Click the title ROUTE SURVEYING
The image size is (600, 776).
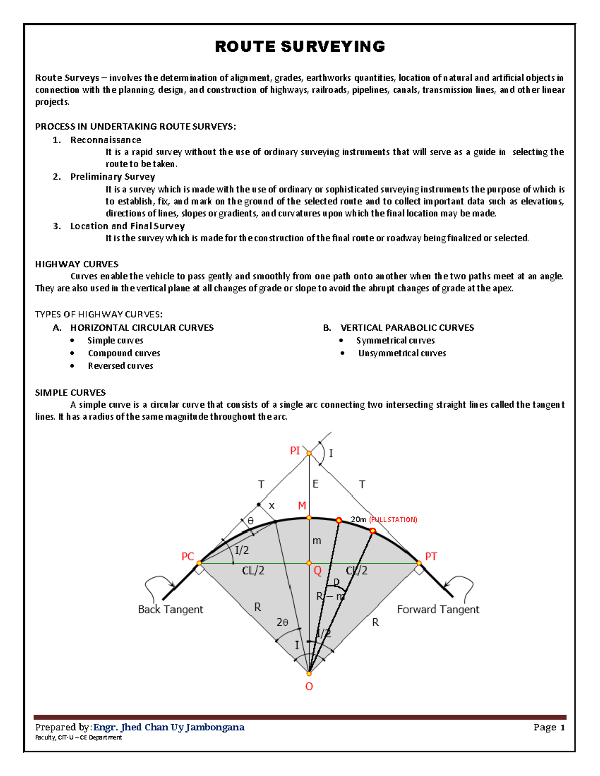click(300, 47)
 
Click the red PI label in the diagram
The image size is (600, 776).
click(295, 451)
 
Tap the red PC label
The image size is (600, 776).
click(187, 557)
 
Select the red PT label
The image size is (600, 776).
click(431, 557)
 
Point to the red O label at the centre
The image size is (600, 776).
click(309, 687)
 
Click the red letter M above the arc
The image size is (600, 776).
click(302, 506)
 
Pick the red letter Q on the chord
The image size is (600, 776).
click(317, 571)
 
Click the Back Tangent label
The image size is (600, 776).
click(170, 610)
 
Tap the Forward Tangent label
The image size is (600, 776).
click(438, 610)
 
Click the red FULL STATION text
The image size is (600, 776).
click(393, 520)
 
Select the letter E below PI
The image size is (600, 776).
click(315, 484)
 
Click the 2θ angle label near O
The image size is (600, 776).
click(282, 622)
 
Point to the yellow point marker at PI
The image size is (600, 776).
click(309, 453)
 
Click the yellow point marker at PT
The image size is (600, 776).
click(419, 563)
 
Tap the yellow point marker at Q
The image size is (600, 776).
click(309, 563)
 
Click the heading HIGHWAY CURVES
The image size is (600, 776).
click(77, 264)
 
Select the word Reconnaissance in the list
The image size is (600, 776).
click(106, 140)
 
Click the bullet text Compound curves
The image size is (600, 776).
click(124, 353)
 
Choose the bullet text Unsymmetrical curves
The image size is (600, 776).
click(402, 353)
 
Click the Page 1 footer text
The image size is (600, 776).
click(549, 727)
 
